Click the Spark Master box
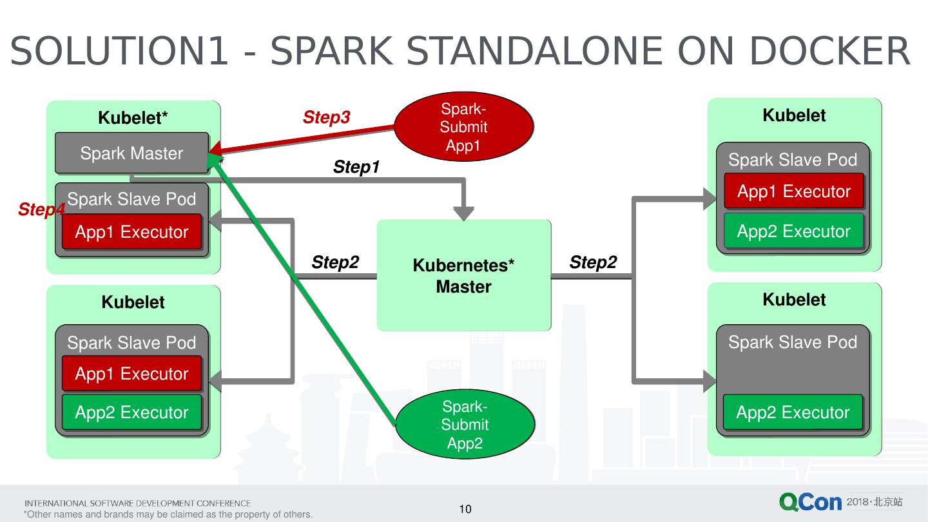coord(131,153)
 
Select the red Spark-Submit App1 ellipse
coord(463,127)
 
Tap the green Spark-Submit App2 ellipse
coord(465,425)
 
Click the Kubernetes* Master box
coord(463,276)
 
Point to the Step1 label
coord(356,168)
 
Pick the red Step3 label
coord(326,117)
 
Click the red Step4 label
coord(41,209)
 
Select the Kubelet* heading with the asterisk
coord(133,118)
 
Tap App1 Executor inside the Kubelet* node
coord(131,232)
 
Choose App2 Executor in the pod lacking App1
coord(793,412)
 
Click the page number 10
coord(465,509)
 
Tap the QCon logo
coord(810,502)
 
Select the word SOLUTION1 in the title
coord(119,51)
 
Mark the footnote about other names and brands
coord(168,514)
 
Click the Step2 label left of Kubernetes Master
coord(335,262)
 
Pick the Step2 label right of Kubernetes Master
coord(593,262)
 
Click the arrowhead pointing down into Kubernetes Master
coord(463,213)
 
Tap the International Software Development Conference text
coord(138,503)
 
